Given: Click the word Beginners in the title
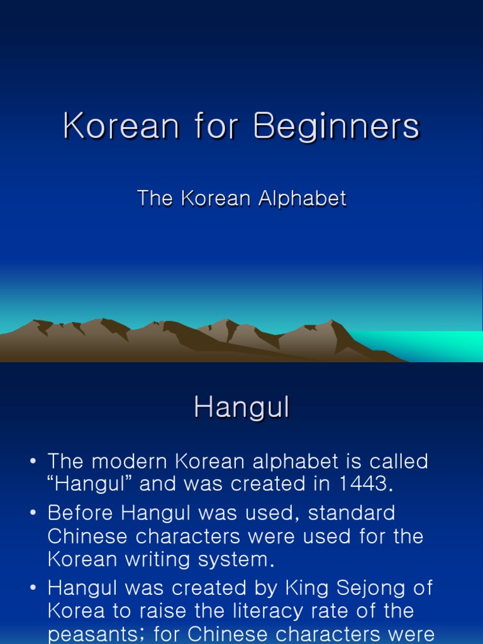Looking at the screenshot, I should tap(336, 126).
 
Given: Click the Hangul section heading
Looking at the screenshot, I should tap(241, 408).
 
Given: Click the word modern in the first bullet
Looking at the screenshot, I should tap(130, 461).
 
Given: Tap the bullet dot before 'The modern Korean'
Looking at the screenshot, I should tap(33, 462).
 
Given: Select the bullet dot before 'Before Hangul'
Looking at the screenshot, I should tap(33, 513).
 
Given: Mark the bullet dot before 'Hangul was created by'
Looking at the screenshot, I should tap(33, 589).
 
